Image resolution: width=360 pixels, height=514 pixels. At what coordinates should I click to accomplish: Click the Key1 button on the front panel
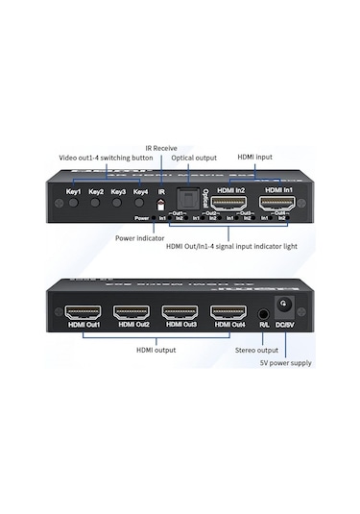(x=73, y=206)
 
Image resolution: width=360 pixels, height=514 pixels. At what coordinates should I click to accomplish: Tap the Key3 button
(x=118, y=206)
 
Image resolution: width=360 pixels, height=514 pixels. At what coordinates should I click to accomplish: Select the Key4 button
(x=140, y=206)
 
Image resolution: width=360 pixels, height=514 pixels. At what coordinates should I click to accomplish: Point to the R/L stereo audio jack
(x=263, y=313)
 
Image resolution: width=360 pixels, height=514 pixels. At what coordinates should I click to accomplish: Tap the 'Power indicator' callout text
(x=139, y=238)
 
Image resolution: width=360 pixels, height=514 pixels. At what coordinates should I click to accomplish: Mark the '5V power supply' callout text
(x=285, y=363)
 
